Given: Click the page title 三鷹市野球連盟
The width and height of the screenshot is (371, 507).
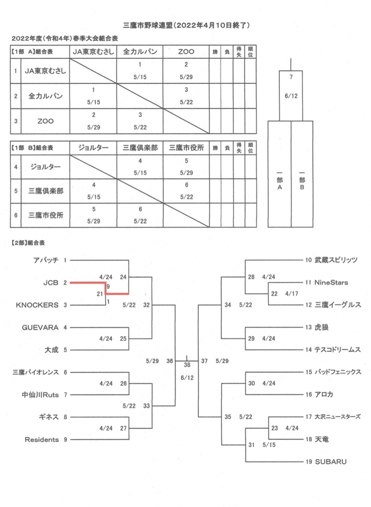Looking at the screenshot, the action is [148, 25].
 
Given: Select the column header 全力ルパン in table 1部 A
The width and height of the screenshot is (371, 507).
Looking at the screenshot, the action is [140, 51].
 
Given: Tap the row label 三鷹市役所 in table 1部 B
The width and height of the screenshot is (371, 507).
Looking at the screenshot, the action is [46, 215].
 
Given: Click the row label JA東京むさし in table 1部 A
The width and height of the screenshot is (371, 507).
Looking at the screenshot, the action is [45, 71].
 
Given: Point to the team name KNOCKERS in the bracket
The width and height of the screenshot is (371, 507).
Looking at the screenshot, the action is [37, 305].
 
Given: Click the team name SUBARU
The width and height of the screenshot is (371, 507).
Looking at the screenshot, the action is [331, 462].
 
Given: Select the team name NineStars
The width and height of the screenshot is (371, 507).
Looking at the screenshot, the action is [331, 282].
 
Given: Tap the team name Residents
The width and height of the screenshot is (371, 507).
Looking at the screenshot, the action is [42, 440].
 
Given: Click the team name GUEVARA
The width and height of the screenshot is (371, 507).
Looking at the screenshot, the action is [40, 328].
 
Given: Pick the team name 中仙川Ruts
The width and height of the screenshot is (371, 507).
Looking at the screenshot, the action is [40, 395].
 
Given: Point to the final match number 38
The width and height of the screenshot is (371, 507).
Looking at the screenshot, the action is [187, 365].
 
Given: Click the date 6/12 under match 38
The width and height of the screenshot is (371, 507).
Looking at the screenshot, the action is [187, 378].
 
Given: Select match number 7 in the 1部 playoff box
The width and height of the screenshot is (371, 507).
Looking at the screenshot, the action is [291, 77].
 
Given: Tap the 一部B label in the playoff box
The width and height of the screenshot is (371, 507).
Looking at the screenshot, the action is [302, 181].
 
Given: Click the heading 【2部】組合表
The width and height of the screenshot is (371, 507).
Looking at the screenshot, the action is [28, 243].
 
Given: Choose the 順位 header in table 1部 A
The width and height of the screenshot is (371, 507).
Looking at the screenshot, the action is [250, 52].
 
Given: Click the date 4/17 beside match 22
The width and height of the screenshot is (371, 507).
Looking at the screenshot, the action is [292, 294].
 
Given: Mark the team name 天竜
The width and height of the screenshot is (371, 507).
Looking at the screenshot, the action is [322, 440].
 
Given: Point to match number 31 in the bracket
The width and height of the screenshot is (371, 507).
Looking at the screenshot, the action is [251, 445].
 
